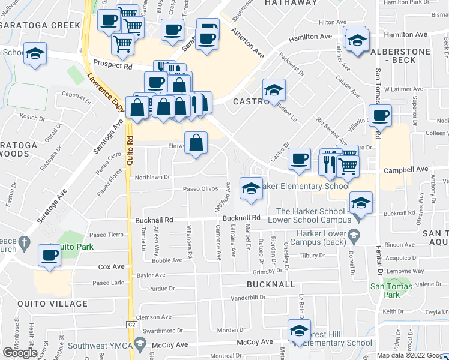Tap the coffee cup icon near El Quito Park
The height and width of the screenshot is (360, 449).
tap(48, 255)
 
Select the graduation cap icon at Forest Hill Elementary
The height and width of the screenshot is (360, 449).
tap(299, 331)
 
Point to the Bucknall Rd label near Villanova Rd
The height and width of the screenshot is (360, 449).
tap(154, 220)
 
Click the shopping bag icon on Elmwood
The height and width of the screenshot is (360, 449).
tap(196, 143)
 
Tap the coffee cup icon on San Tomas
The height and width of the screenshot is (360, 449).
tap(380, 115)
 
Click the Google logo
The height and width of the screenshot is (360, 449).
tap(20, 352)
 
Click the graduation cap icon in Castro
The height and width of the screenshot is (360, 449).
tap(274, 90)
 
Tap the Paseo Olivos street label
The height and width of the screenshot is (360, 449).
tap(200, 189)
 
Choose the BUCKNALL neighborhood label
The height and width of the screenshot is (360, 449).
tap(271, 283)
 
